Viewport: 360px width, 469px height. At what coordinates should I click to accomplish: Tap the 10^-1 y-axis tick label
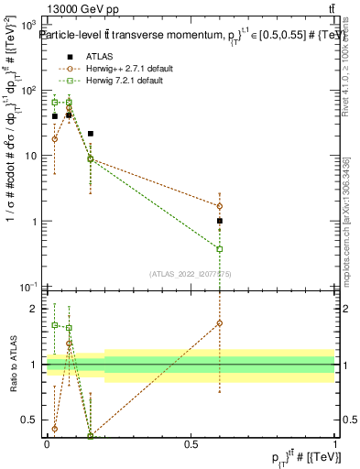(31, 288)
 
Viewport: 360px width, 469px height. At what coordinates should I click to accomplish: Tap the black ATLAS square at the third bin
(90, 134)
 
